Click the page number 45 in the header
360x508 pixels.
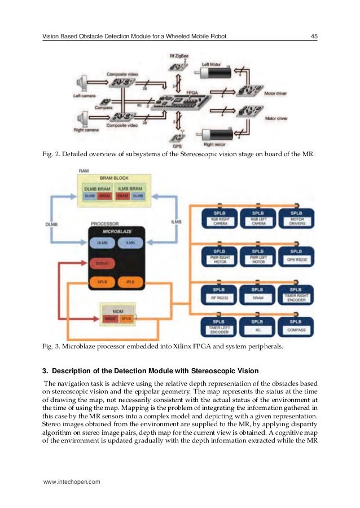pos(314,37)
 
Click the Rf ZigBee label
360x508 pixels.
pos(179,57)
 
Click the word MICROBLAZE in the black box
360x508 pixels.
pos(115,231)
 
